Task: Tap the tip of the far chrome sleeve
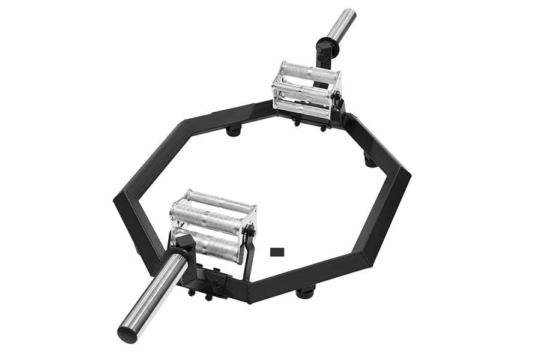click(348, 13)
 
